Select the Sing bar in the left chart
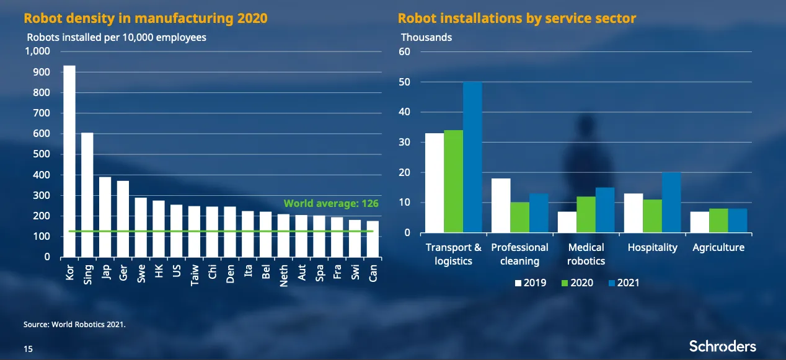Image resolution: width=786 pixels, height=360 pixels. coord(87,195)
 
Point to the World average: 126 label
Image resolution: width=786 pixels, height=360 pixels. coord(331,203)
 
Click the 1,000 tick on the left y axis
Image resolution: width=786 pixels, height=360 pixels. coord(37,51)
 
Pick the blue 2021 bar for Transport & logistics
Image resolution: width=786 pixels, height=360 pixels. coord(472,157)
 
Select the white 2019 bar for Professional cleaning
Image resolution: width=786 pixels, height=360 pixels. coord(501,206)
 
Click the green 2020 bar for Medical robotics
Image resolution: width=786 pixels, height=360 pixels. coord(586,214)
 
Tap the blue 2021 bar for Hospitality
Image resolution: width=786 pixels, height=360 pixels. coord(671,203)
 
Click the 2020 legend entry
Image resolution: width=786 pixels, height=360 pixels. coord(576,283)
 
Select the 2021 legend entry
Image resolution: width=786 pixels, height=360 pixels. coord(623,283)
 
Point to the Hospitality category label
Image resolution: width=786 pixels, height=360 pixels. coord(652,247)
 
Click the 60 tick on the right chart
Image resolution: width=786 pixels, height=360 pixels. coord(405,51)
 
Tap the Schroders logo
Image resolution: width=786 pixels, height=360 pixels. coord(722,346)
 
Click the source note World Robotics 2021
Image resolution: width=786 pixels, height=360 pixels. coord(74,323)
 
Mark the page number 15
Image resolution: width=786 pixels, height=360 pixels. coord(29,349)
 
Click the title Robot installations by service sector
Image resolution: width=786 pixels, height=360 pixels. coord(516,18)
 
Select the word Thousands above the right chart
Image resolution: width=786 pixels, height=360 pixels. coord(426,37)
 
